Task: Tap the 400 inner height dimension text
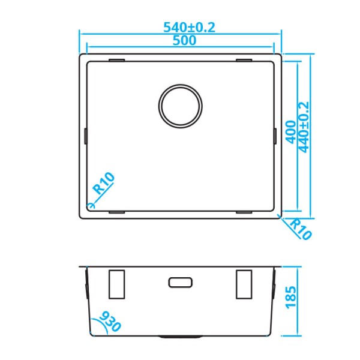[290, 130]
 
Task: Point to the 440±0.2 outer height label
[304, 127]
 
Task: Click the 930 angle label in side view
[110, 323]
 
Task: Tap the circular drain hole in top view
[181, 105]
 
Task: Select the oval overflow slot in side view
[181, 281]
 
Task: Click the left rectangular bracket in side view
[116, 284]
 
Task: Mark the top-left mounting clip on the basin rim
[116, 60]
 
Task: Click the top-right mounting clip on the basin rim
[245, 60]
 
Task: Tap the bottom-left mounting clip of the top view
[116, 212]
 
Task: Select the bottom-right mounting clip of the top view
[245, 212]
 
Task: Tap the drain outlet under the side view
[181, 336]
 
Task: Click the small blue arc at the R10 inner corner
[90, 205]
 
